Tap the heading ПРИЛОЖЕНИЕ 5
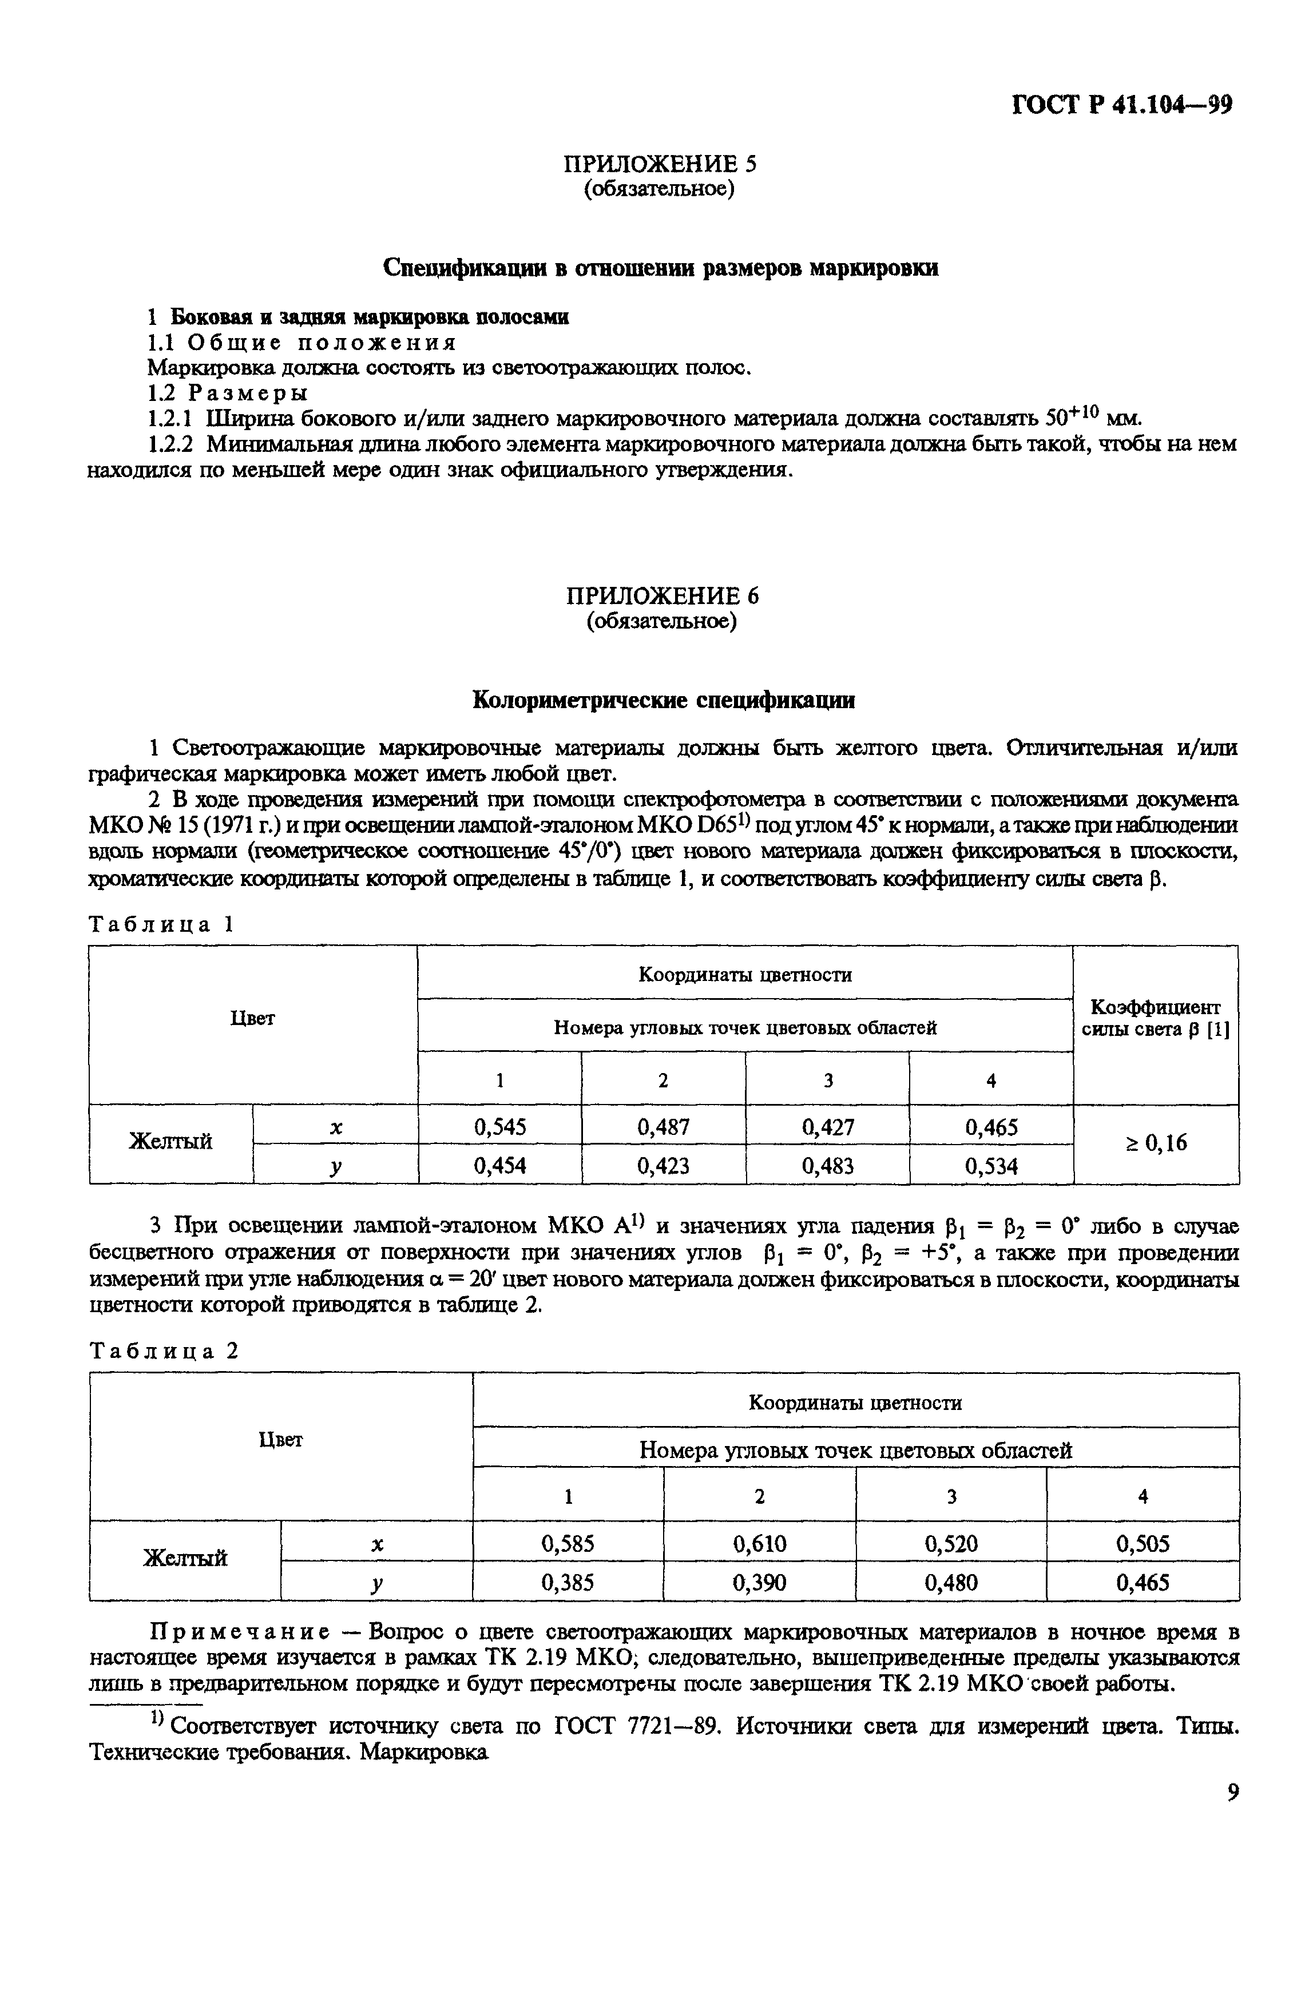[660, 164]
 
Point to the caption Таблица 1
[160, 925]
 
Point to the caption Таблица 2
[165, 1351]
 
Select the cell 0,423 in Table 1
[663, 1166]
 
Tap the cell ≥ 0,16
[1155, 1143]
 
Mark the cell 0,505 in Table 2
[1142, 1544]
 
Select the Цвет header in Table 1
[252, 1019]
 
